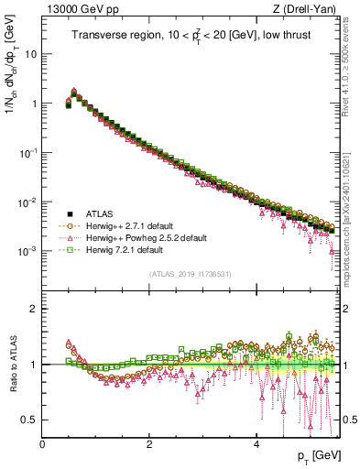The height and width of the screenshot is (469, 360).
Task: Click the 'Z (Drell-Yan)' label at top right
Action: pos(308,9)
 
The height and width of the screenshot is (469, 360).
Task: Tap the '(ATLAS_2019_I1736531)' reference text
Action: pos(190,274)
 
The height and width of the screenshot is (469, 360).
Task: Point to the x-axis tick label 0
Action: pos(42,443)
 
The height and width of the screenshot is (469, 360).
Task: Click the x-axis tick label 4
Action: pos(256,443)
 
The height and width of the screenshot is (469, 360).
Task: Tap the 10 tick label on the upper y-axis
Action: pos(30,54)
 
